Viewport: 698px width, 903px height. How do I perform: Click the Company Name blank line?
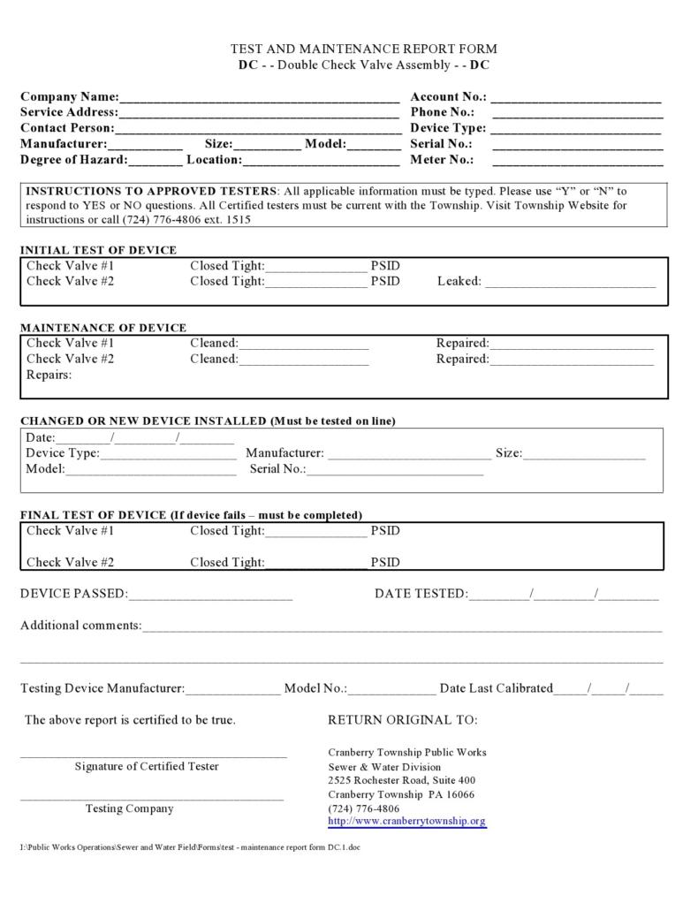[x=259, y=98]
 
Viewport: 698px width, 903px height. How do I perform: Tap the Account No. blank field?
[x=576, y=98]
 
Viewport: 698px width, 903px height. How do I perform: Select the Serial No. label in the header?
[x=441, y=143]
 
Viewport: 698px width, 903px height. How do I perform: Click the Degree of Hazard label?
[x=73, y=160]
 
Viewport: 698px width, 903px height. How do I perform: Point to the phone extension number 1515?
[x=238, y=220]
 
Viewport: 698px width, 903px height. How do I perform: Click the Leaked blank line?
[x=571, y=283]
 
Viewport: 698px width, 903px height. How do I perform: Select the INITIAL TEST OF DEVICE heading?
[x=98, y=250]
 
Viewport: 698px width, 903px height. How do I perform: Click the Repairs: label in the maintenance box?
[x=49, y=375]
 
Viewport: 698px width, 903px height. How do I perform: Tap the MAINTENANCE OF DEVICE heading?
[x=103, y=328]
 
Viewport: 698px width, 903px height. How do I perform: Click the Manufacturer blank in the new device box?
[x=410, y=455]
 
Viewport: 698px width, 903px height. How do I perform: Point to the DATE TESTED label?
[x=421, y=594]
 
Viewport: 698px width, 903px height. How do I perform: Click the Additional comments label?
[x=80, y=626]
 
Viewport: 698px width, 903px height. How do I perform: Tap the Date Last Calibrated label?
[x=497, y=688]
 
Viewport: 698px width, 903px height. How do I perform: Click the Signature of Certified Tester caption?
[x=147, y=766]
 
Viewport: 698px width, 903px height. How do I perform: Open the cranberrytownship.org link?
[x=406, y=822]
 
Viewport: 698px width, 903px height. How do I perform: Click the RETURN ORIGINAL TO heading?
[x=402, y=720]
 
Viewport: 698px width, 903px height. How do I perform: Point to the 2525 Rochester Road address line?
[x=401, y=781]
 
